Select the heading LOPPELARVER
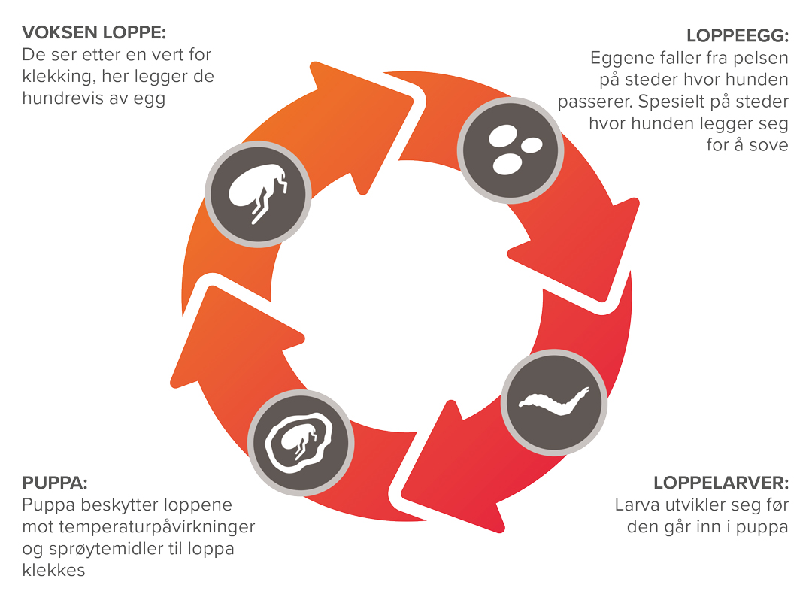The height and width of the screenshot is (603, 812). tap(720, 483)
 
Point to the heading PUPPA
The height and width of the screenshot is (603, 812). tap(55, 482)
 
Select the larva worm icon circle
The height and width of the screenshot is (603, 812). tap(554, 400)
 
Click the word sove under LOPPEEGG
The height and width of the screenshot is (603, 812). tap(768, 144)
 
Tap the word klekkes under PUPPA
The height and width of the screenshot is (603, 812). tap(53, 570)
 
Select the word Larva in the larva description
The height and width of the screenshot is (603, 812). tap(635, 505)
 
